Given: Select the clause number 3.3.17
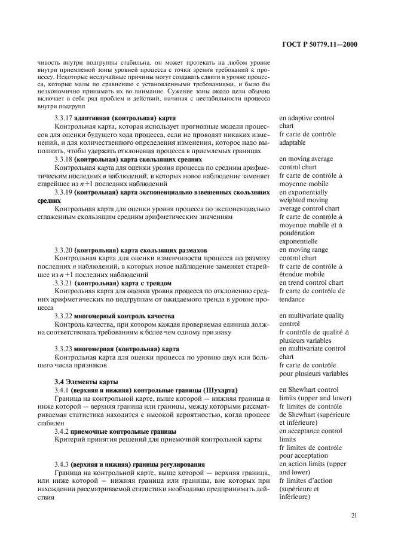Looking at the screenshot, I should coord(63,118).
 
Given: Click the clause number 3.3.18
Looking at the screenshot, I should coord(63,160).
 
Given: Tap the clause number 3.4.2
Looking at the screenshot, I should coord(61,431).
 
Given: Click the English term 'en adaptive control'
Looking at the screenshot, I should coord(307,118).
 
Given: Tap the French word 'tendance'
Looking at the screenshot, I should coord(292,299).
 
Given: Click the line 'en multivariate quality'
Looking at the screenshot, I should coord(311,315).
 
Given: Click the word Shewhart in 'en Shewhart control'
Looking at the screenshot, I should coord(303,389).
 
